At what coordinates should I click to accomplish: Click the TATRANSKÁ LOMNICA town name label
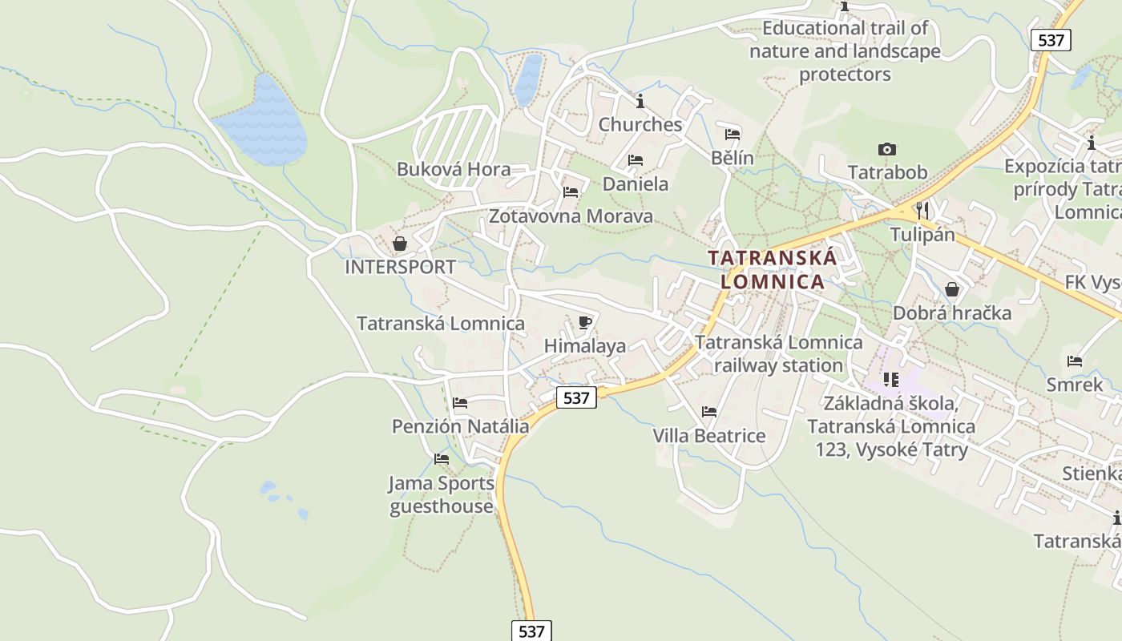coord(773,269)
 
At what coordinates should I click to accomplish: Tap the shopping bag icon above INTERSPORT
coord(399,244)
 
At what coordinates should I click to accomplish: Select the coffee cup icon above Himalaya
coord(585,323)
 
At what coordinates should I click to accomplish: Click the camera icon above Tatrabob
coord(886,149)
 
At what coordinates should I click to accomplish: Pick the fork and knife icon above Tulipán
coord(922,211)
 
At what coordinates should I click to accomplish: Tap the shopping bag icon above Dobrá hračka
coord(952,289)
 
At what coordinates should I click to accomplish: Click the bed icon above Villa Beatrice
coord(709,412)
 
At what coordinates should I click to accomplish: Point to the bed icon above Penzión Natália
coord(460,403)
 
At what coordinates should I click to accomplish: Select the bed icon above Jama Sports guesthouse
coord(442,459)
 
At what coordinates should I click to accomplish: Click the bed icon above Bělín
coord(733,134)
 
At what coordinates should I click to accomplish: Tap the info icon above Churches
coord(640,102)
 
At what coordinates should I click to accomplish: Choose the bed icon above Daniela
coord(636,160)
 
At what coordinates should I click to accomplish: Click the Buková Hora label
coord(454,169)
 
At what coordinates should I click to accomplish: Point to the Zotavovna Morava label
coord(571,216)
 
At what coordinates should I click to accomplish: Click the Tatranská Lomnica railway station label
coord(778,354)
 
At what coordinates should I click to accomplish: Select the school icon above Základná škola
coord(890,379)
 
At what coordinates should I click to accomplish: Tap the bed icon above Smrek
coord(1075,361)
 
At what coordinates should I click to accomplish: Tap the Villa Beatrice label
coord(709,436)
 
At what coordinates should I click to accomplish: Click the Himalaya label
coord(585,346)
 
